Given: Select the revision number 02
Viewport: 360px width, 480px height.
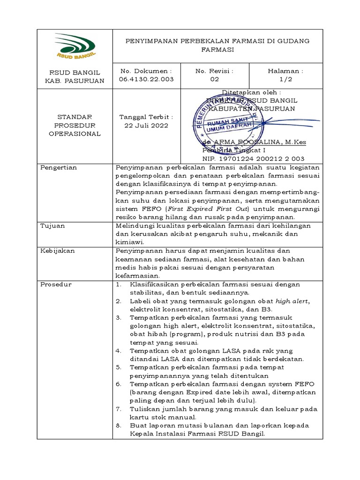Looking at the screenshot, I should [x=214, y=79].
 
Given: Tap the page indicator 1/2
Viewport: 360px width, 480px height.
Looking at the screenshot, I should [x=285, y=79].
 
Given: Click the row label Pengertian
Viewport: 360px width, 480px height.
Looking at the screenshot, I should [x=59, y=167].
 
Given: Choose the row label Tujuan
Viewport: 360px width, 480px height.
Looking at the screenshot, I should [x=52, y=225].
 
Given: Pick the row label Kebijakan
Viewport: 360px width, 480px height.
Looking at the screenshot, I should [x=58, y=251].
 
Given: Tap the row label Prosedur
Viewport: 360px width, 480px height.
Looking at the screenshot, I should [x=56, y=285].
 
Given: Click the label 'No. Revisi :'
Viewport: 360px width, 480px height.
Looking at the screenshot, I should [x=214, y=71].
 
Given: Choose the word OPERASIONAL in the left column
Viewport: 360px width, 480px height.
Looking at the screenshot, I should [x=75, y=134].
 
